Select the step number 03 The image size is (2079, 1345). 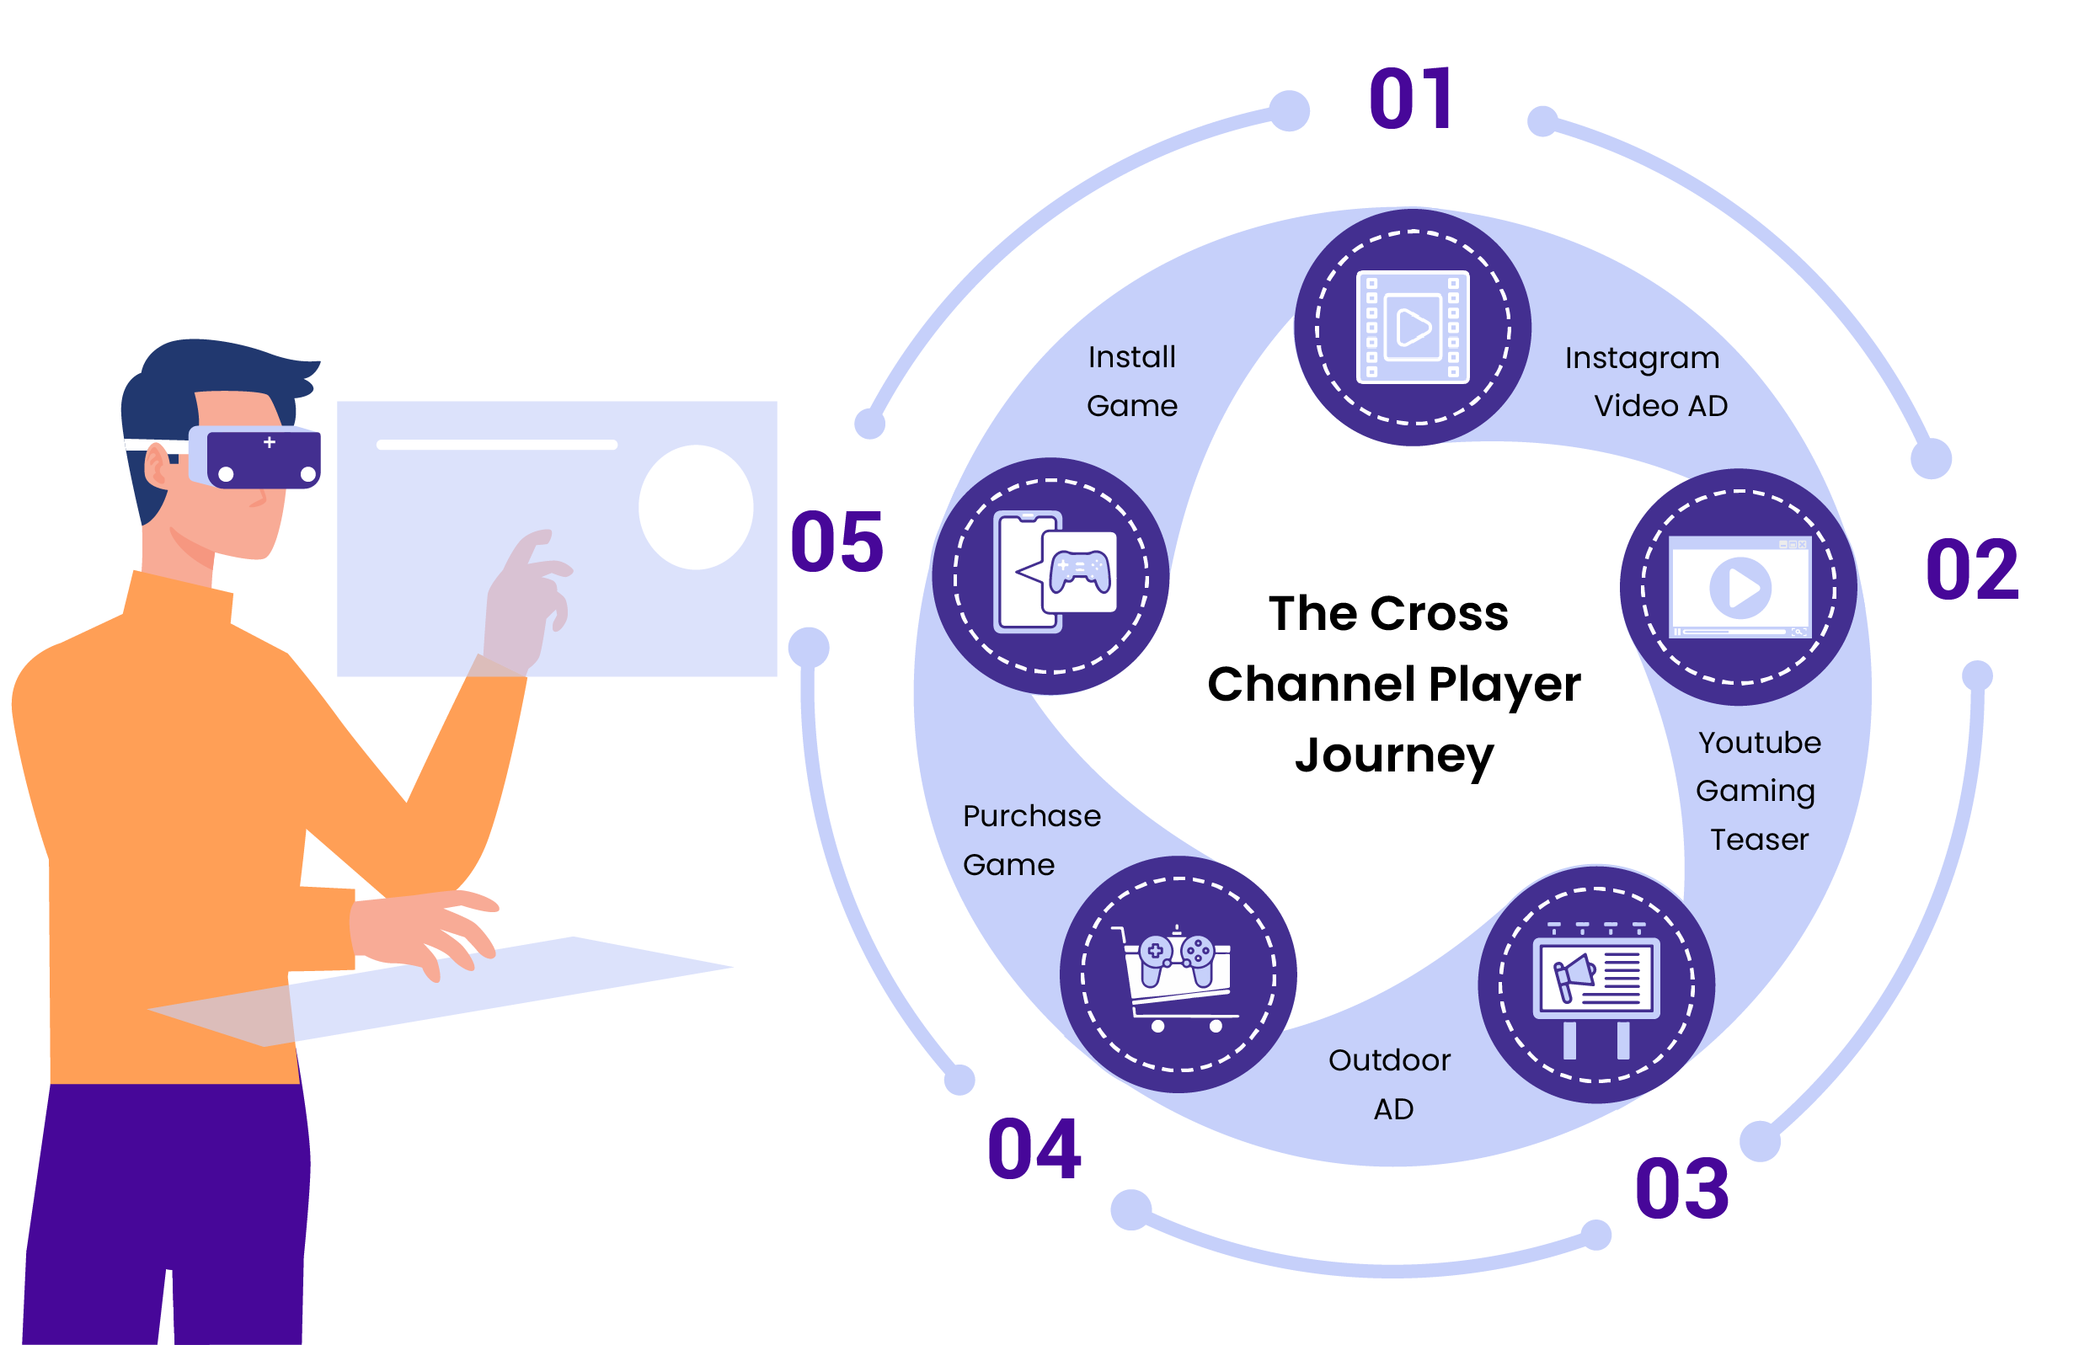(1681, 1188)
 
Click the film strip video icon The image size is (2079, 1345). (1412, 328)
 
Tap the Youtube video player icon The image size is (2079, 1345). (1740, 587)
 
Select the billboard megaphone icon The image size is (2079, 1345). (1596, 985)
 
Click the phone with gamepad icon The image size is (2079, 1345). (1050, 574)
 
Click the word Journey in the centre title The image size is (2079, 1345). (1393, 756)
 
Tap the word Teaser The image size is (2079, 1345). (1758, 840)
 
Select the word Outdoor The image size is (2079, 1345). (1389, 1060)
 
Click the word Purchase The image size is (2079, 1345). (1031, 816)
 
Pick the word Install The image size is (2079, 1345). (1131, 357)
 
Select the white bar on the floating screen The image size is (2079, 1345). (496, 446)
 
